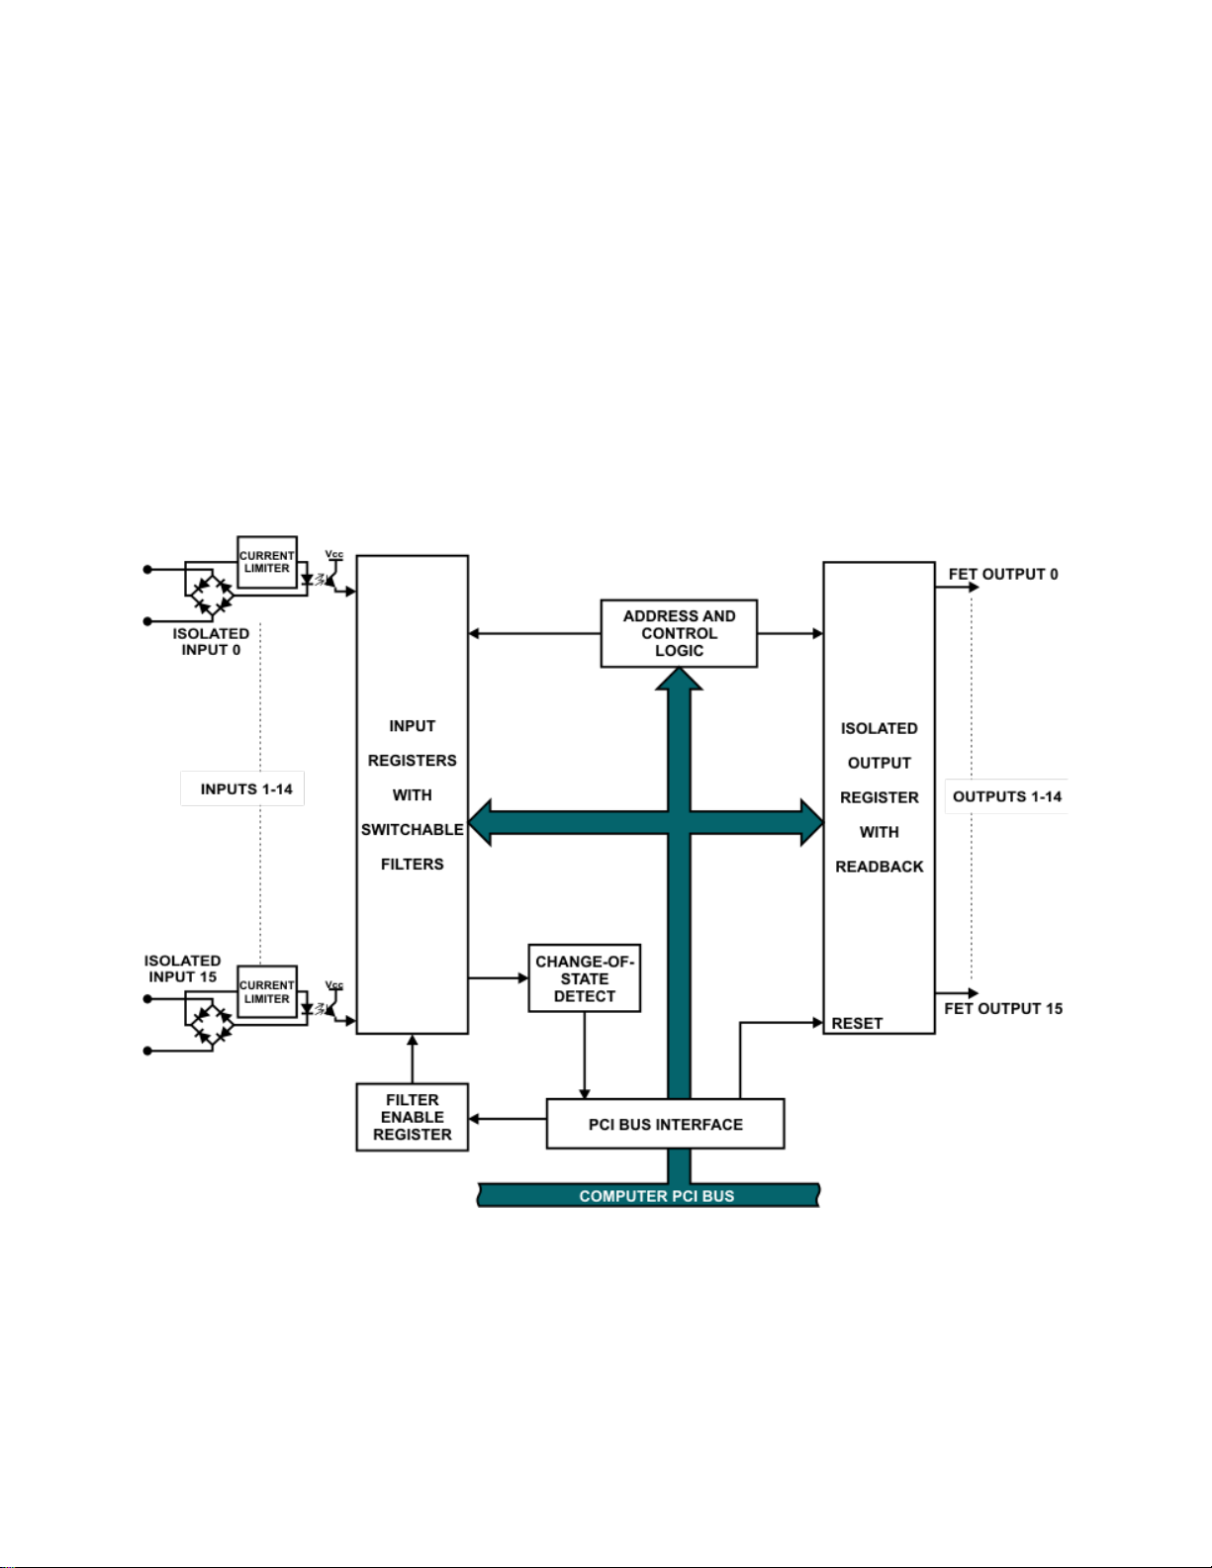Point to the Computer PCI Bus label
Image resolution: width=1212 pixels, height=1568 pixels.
(x=657, y=1196)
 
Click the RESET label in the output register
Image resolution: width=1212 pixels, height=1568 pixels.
(x=857, y=1023)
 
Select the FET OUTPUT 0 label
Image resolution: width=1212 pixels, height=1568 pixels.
(x=1003, y=575)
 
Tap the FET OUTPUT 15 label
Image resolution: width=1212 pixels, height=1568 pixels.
(x=1003, y=1009)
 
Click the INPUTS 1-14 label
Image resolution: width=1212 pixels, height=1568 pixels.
(x=246, y=788)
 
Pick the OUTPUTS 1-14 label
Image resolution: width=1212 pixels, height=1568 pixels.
(x=1007, y=796)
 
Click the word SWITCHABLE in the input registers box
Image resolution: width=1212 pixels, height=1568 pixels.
(x=412, y=830)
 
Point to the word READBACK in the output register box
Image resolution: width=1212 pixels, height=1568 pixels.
(x=880, y=867)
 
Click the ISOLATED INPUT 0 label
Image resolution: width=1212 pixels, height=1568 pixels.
(x=211, y=641)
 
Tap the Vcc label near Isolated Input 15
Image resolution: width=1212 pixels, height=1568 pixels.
(x=334, y=984)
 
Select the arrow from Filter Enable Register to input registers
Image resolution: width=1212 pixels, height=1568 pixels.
(x=412, y=1059)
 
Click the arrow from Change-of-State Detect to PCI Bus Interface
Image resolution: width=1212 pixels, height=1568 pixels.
(x=585, y=1055)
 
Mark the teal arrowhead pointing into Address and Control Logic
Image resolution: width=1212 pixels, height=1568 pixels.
(x=679, y=679)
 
